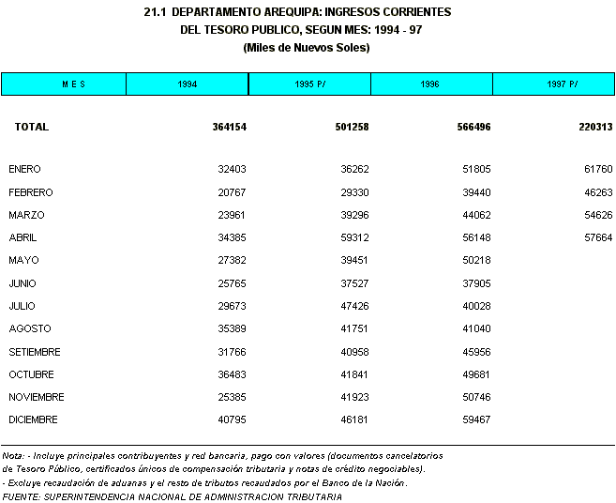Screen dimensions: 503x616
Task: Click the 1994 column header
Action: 187,84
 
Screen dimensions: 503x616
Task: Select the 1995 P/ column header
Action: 309,84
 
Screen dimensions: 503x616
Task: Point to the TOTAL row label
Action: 31,127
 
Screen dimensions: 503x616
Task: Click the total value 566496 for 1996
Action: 469,127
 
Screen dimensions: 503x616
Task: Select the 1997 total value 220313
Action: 591,127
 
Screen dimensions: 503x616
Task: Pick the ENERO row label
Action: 24,170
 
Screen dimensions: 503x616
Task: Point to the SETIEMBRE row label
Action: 35,352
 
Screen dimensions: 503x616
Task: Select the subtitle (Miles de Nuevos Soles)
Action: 307,47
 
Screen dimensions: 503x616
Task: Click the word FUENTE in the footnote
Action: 21,496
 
